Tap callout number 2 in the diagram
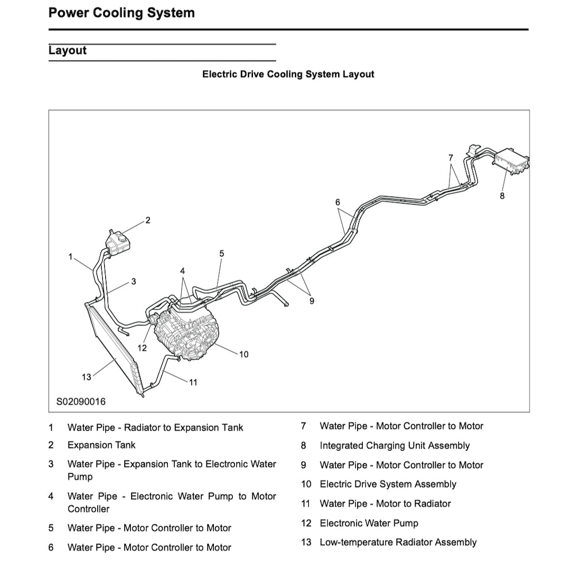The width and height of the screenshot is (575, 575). point(148,220)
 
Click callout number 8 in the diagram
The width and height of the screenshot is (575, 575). point(502,195)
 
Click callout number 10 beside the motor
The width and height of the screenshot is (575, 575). point(244,354)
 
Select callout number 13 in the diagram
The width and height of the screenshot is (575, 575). point(86,377)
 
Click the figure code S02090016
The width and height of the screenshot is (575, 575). point(80,401)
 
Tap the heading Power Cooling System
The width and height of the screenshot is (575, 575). point(121,13)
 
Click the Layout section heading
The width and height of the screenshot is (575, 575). point(67,50)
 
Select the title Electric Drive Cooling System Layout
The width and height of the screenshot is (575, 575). point(288,74)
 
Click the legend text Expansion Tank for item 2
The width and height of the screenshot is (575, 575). point(101,444)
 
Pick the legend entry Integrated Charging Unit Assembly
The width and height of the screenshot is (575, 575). point(394,446)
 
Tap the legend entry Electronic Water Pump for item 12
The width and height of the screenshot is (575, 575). point(369,523)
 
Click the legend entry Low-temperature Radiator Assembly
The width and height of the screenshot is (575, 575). point(398,542)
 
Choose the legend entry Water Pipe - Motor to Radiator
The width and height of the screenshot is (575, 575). point(385,504)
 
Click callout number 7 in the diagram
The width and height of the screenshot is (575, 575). point(451,157)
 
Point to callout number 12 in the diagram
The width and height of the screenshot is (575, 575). point(143,348)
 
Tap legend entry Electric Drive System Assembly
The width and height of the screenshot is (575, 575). point(388,484)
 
